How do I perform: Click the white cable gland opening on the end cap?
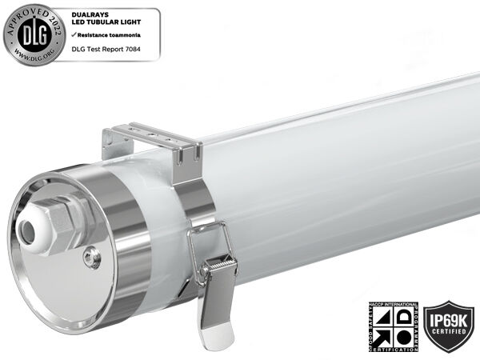tap(30, 233)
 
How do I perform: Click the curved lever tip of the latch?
tap(214, 336)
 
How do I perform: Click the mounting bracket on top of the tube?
tap(152, 140)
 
